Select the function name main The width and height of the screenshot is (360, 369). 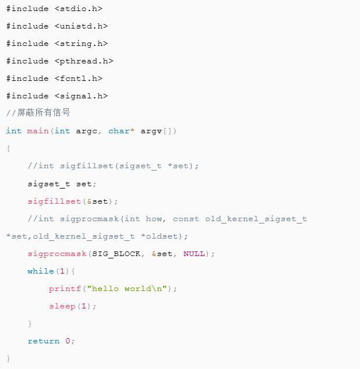(x=38, y=131)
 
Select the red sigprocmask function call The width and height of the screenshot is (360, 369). (x=57, y=254)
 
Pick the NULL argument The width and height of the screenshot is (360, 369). (x=194, y=254)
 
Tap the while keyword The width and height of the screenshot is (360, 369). (x=41, y=271)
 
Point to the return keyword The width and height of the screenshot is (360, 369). (x=43, y=341)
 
